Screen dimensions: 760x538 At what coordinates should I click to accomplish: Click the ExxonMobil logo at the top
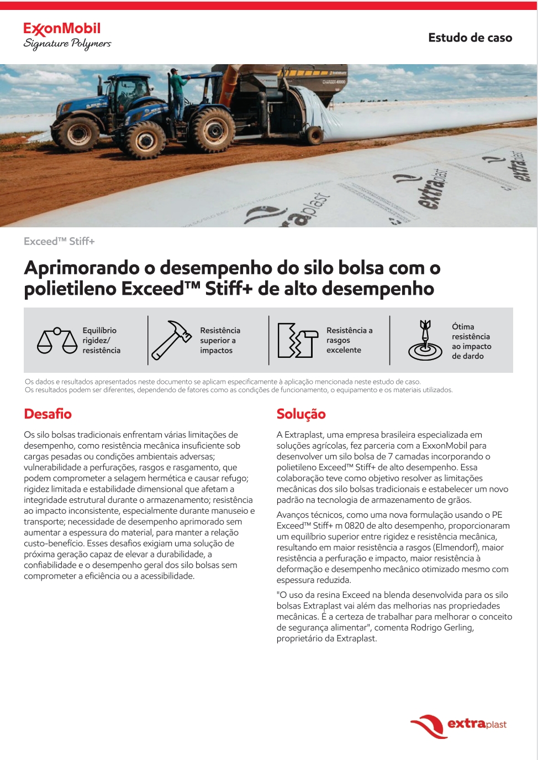coord(62,29)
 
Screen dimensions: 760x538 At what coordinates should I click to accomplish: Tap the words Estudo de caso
coord(470,38)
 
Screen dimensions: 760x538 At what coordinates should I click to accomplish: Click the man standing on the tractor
coord(178,89)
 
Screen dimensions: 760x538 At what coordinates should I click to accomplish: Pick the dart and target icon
coord(425,341)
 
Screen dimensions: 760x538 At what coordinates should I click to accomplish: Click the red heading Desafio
coord(48,414)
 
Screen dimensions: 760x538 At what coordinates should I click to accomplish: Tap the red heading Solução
coord(301,414)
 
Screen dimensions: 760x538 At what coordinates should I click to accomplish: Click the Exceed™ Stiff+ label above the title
coord(59,241)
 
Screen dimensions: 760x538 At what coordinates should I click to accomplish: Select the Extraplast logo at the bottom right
coord(458,725)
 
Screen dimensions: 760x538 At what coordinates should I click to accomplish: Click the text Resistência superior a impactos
coord(220,340)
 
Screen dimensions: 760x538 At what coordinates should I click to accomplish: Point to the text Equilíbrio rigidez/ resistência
coord(101,340)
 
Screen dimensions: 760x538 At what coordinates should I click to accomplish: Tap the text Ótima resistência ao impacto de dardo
coord(471,341)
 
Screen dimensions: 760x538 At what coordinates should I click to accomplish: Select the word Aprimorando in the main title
coord(82,268)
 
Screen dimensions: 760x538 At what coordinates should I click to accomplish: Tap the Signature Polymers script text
coord(67,44)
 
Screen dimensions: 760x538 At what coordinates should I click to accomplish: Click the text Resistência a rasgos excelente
coord(349,340)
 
